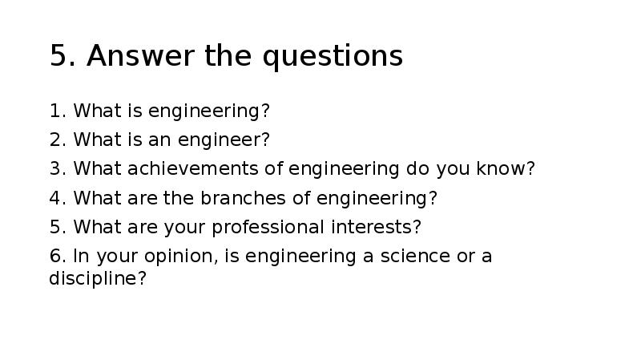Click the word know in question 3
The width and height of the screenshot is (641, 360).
506,169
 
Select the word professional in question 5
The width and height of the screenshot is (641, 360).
268,228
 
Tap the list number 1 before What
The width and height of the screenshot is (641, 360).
54,111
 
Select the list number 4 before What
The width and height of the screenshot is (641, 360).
55,198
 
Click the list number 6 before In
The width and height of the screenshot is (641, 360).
55,257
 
